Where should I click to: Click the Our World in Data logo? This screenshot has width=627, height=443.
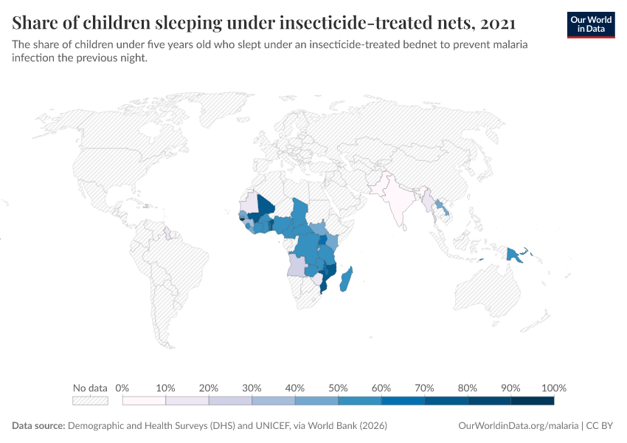pyautogui.click(x=590, y=24)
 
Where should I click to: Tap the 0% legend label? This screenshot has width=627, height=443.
pyautogui.click(x=122, y=388)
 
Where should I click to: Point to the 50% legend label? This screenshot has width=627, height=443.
pyautogui.click(x=338, y=388)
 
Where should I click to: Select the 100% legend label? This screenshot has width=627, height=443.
pyautogui.click(x=553, y=388)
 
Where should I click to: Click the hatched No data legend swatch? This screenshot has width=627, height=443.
pyautogui.click(x=90, y=401)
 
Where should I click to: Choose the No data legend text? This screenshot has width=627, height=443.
pyautogui.click(x=90, y=388)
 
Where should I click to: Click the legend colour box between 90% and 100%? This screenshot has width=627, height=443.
pyautogui.click(x=532, y=401)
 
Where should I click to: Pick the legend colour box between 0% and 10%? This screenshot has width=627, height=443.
pyautogui.click(x=144, y=401)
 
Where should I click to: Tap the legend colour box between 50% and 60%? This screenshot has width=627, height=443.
pyautogui.click(x=359, y=401)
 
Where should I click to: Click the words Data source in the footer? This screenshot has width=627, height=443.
pyautogui.click(x=38, y=426)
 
